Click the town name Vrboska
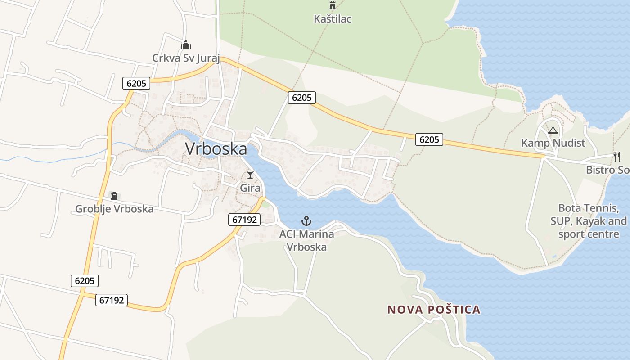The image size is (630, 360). point(216,149)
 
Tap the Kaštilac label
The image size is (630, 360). point(333,19)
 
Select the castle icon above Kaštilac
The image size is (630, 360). point(333,6)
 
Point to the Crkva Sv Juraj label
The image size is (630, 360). point(186,58)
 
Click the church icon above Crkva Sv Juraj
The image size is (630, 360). point(186,45)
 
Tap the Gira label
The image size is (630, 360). point(250,188)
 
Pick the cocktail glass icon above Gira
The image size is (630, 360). point(250,175)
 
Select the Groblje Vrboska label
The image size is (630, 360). point(114,209)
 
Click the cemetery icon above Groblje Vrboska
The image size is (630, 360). point(114,196)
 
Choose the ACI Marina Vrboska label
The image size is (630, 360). point(306,240)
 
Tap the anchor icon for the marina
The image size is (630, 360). point(306,221)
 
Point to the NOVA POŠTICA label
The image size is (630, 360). point(434,310)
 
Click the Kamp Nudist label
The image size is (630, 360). point(553,143)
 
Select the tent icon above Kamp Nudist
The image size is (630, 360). point(553,130)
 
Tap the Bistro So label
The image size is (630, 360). point(607,170)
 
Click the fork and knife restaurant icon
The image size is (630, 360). point(617,157)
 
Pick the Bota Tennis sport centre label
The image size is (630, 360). point(588,221)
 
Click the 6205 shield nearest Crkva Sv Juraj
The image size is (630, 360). point(136,83)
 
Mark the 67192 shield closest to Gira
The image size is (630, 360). point(245,220)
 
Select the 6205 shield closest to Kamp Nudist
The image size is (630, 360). point(429,139)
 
